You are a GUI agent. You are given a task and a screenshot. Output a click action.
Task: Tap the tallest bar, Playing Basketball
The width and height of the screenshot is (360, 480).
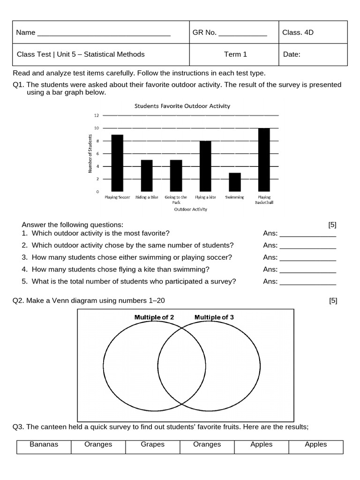pyautogui.click(x=264, y=160)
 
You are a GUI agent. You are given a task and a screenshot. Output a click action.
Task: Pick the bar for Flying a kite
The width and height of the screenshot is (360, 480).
pyautogui.click(x=205, y=166)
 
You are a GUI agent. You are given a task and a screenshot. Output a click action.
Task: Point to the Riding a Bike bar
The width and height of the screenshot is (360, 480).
pyautogui.click(x=147, y=176)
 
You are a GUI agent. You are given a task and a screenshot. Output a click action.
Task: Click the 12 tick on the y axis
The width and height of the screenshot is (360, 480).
pyautogui.click(x=96, y=115)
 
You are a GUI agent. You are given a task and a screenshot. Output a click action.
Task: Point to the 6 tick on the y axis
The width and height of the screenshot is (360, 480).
pyautogui.click(x=97, y=154)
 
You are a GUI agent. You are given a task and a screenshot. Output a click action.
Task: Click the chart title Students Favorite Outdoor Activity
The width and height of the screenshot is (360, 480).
pyautogui.click(x=182, y=106)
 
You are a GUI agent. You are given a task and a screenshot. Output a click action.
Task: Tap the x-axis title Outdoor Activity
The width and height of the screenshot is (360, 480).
pyautogui.click(x=190, y=210)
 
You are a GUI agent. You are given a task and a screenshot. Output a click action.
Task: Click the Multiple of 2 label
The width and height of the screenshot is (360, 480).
pyautogui.click(x=154, y=317)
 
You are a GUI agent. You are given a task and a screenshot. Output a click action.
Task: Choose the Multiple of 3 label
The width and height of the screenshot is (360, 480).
pyautogui.click(x=214, y=317)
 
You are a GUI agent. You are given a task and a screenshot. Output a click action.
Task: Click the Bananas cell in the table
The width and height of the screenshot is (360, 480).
pyautogui.click(x=44, y=444)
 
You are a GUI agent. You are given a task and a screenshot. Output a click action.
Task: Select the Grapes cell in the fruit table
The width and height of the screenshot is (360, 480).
pyautogui.click(x=153, y=444)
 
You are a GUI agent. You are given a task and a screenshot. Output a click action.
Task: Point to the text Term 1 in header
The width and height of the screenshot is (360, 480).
pyautogui.click(x=235, y=54)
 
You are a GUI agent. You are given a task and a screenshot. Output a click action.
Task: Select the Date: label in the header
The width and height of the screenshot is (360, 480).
pyautogui.click(x=292, y=54)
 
